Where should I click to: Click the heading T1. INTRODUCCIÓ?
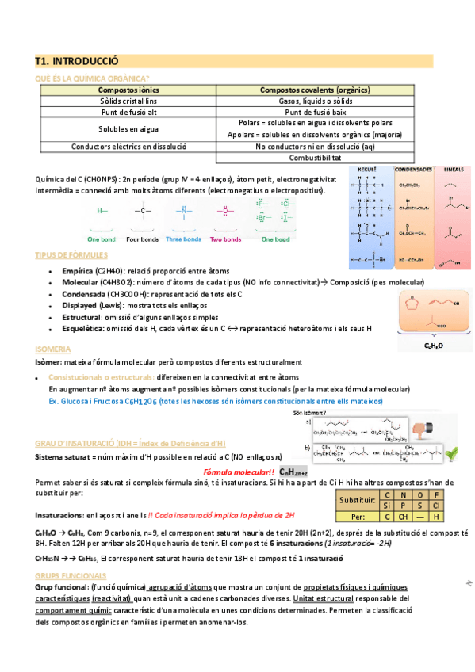point(77,60)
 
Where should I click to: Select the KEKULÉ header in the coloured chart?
point(367,170)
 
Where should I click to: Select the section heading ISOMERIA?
point(53,349)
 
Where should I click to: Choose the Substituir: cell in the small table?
point(356,500)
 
